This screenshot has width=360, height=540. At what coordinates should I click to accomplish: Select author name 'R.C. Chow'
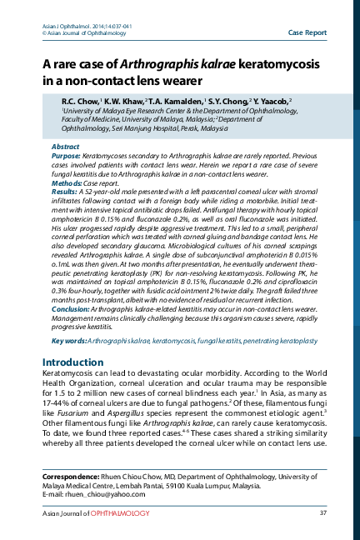coord(82,100)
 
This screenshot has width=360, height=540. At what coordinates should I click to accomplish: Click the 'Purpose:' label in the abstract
coord(67,156)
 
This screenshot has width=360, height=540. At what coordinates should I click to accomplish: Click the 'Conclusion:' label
coord(71,332)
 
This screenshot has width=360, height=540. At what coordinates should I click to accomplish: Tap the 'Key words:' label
coord(68,365)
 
